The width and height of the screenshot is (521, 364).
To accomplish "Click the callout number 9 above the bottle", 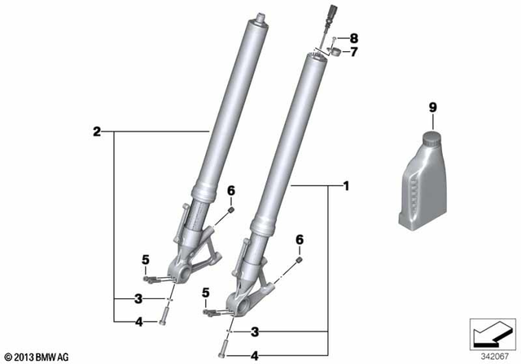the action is coord(432,107).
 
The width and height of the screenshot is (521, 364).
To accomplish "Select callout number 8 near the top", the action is coord(354,38).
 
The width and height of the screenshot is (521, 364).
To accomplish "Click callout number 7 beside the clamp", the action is coord(354,52).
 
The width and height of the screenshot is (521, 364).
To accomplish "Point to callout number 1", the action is coord(346,186).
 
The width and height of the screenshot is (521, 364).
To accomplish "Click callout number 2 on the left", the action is coord(97,132).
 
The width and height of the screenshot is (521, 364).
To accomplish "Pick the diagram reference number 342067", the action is coord(494,357).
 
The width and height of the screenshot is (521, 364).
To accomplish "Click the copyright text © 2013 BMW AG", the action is coord(37,357).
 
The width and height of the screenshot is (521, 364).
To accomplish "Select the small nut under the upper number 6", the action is coord(231,210).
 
